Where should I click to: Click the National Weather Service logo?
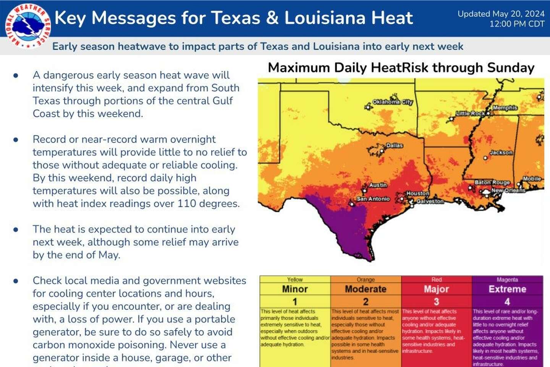pyautogui.click(x=27, y=26)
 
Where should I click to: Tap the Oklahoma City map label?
pyautogui.click(x=392, y=102)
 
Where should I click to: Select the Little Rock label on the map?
pyautogui.click(x=471, y=114)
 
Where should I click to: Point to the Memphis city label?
pyautogui.click(x=505, y=108)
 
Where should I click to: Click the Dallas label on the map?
pyautogui.click(x=394, y=146)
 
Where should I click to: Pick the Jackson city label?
pyautogui.click(x=501, y=153)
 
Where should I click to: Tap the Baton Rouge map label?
pyautogui.click(x=492, y=183)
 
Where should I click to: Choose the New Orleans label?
pyautogui.click(x=508, y=190)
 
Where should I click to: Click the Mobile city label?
pyautogui.click(x=532, y=179)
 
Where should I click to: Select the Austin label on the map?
pyautogui.click(x=378, y=185)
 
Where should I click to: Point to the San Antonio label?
pyautogui.click(x=373, y=199)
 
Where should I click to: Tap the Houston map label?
pyautogui.click(x=417, y=193)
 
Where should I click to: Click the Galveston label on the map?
pyautogui.click(x=430, y=201)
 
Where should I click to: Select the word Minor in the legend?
pyautogui.click(x=295, y=289)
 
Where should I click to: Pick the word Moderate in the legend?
pyautogui.click(x=366, y=289)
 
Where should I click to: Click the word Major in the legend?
pyautogui.click(x=436, y=289)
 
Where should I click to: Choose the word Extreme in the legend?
pyautogui.click(x=507, y=289)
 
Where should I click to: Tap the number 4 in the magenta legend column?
pyautogui.click(x=507, y=302)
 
